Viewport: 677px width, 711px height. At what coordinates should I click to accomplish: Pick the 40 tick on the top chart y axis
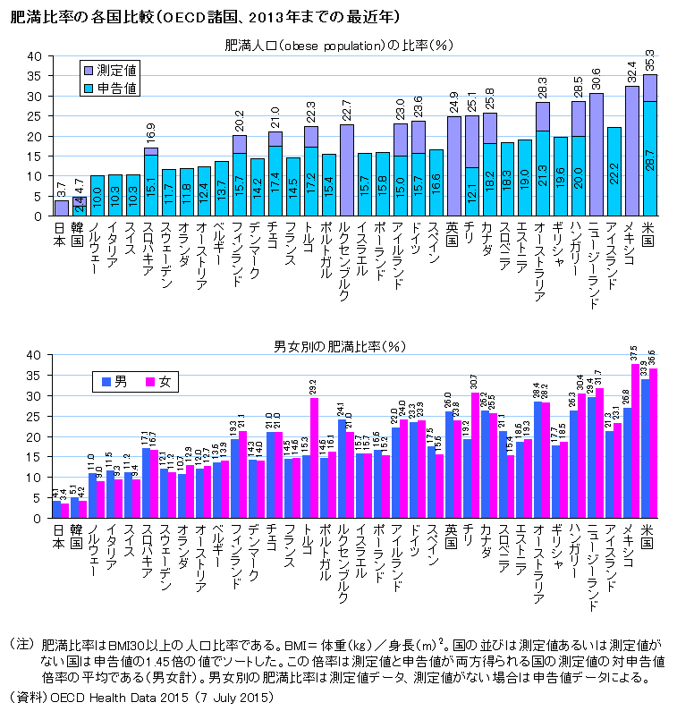click(x=34, y=55)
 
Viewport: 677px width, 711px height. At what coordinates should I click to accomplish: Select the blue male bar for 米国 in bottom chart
click(x=645, y=448)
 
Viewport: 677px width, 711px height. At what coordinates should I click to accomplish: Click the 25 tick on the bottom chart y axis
click(x=34, y=416)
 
